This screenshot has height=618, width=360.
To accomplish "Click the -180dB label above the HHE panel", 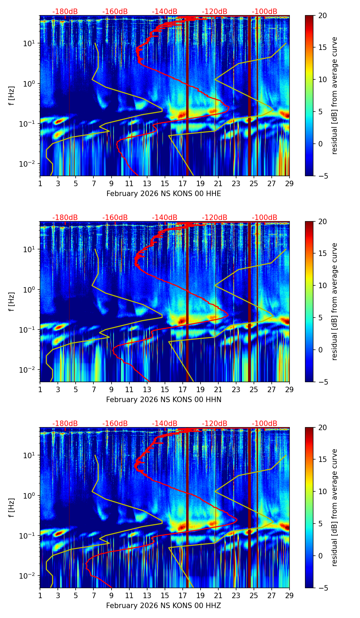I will (x=65, y=12).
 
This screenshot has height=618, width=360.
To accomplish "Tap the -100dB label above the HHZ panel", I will (x=265, y=424).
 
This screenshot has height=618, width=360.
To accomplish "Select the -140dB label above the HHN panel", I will (x=165, y=218).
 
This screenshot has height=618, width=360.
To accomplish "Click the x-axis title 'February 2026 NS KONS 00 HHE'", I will (x=164, y=194).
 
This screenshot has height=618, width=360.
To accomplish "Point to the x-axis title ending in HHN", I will (x=164, y=400).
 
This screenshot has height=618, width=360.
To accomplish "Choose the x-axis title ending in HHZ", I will (x=164, y=606).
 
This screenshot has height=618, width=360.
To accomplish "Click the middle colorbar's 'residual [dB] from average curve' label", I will (x=335, y=301).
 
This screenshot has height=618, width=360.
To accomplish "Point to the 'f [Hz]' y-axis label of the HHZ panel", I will (x=12, y=508).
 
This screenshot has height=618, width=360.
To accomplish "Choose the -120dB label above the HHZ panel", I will (x=215, y=424).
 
